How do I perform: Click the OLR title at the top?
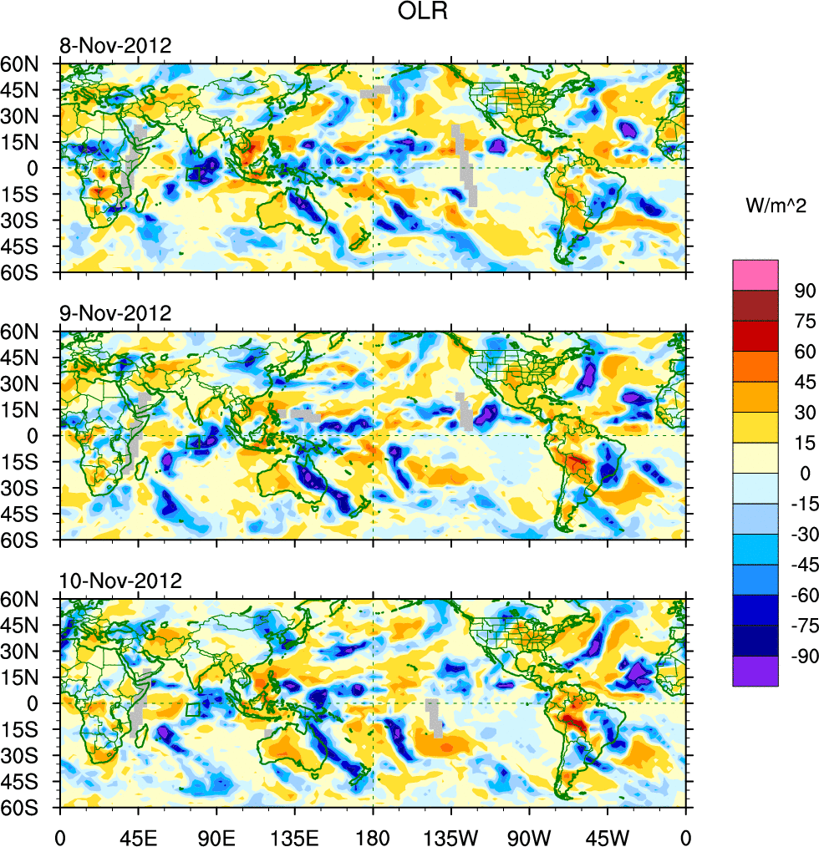point(425,14)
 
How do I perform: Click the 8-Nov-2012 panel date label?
point(115,46)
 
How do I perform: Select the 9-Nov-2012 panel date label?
point(115,313)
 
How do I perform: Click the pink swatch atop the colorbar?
point(755,275)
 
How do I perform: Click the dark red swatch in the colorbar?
point(755,306)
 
